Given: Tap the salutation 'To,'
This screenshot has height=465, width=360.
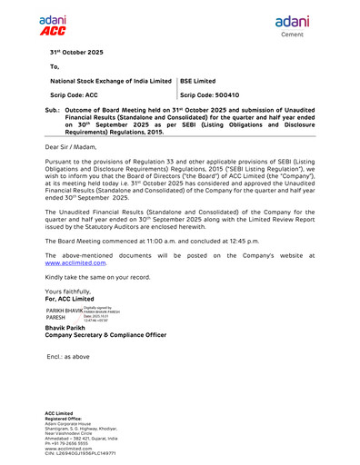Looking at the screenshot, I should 55,67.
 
